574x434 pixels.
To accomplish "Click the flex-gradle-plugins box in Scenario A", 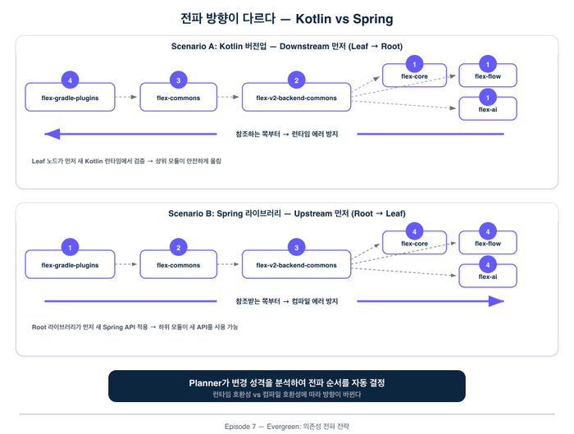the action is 70,98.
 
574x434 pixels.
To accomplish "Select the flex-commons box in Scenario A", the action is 178,98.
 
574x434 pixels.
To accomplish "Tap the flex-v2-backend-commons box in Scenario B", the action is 296,265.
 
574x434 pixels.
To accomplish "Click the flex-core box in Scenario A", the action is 414,76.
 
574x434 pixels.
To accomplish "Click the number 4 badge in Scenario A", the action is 70,80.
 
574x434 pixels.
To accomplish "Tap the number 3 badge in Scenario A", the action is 178,80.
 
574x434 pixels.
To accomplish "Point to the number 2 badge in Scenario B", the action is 178,248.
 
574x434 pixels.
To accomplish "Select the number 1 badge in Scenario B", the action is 70,248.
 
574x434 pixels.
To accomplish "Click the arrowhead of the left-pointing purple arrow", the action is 51,134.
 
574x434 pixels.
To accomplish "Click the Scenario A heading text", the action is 286,47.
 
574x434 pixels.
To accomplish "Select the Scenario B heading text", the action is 286,214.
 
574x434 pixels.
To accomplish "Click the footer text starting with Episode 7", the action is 286,427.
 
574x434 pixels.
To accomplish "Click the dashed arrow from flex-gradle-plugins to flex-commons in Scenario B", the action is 125,265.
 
